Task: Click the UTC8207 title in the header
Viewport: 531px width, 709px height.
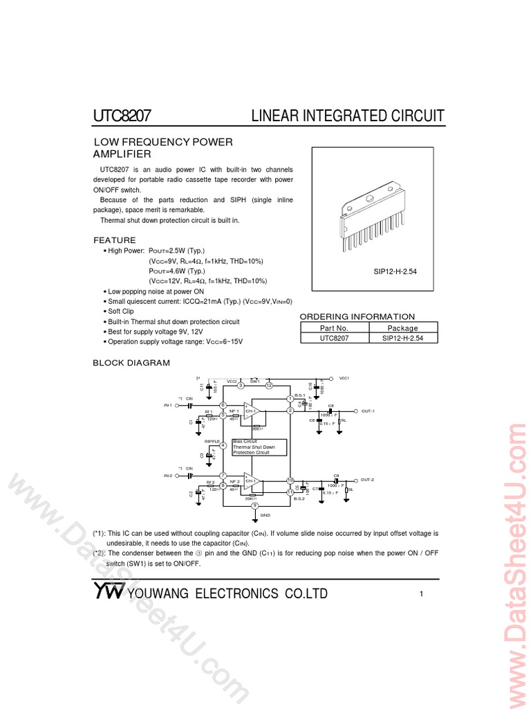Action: click(x=122, y=115)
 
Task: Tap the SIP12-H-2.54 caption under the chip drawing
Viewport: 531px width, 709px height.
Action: click(x=395, y=272)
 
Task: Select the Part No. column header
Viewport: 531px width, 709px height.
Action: click(x=334, y=327)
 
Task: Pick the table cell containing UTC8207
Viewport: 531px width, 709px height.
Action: click(x=334, y=338)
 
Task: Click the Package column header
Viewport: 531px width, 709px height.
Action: click(x=402, y=327)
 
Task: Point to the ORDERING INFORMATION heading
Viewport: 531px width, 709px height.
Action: click(x=357, y=316)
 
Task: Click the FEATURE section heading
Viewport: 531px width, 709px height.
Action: click(x=115, y=240)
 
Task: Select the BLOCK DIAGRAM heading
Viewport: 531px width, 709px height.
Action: click(x=131, y=363)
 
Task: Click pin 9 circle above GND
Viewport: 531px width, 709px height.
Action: click(x=255, y=505)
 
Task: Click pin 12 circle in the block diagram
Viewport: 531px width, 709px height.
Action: click(x=270, y=385)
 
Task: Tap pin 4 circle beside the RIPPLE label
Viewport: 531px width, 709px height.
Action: click(x=223, y=445)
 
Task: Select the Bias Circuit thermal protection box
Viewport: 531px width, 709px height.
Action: click(x=259, y=447)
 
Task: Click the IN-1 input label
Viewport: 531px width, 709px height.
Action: click(x=167, y=405)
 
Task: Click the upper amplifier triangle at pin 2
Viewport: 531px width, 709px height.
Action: click(x=250, y=411)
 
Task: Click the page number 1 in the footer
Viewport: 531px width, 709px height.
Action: click(x=421, y=593)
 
